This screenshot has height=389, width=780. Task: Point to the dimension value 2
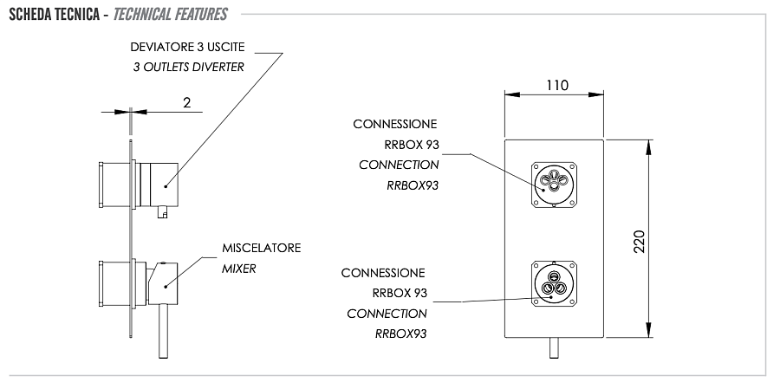(x=186, y=101)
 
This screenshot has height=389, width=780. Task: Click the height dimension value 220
(x=639, y=239)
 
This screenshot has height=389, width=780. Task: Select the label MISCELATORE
(x=261, y=249)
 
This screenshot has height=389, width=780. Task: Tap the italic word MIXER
(x=239, y=269)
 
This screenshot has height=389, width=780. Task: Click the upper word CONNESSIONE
(x=395, y=124)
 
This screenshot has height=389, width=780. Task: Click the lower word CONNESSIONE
(x=383, y=272)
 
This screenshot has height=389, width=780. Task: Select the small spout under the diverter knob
(x=161, y=211)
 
